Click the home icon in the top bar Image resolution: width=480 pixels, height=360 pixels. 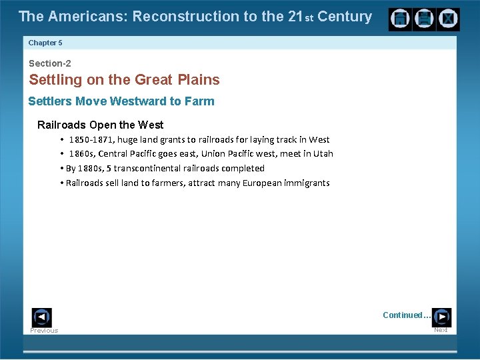[x=401, y=19]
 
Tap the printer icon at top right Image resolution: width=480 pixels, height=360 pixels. [x=424, y=19]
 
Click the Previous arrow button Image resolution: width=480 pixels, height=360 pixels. [x=41, y=317]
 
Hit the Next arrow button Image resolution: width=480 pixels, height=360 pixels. [x=441, y=317]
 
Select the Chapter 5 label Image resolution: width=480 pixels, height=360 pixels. [x=45, y=43]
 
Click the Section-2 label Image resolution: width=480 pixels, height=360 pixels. [x=49, y=63]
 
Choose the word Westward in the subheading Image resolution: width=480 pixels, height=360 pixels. [x=139, y=101]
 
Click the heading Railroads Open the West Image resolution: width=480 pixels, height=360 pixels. [x=100, y=125]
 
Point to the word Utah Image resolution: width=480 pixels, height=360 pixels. [x=323, y=154]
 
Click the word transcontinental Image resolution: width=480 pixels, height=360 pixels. [x=153, y=169]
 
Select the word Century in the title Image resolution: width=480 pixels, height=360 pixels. [x=345, y=17]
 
